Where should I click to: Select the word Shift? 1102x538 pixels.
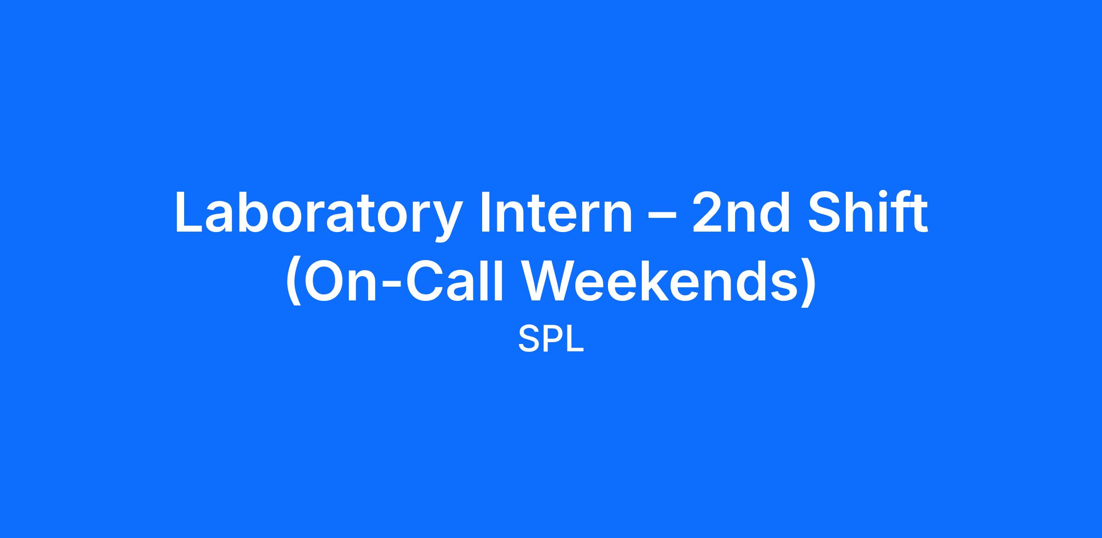tap(867, 211)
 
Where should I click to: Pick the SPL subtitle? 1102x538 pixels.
tap(551, 339)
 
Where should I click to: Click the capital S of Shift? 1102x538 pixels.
tap(824, 212)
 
